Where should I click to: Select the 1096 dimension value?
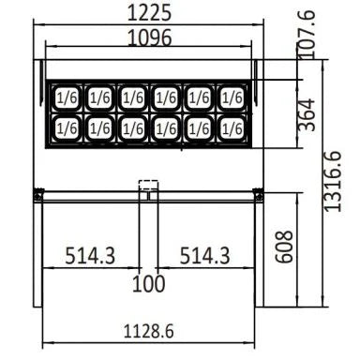[149, 38]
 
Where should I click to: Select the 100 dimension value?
[148, 283]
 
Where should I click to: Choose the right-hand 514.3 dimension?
[205, 255]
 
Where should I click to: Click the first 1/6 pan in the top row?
[67, 96]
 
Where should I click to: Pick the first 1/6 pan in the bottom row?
[67, 127]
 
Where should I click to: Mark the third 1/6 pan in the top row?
[132, 96]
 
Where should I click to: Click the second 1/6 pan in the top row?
[99, 96]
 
